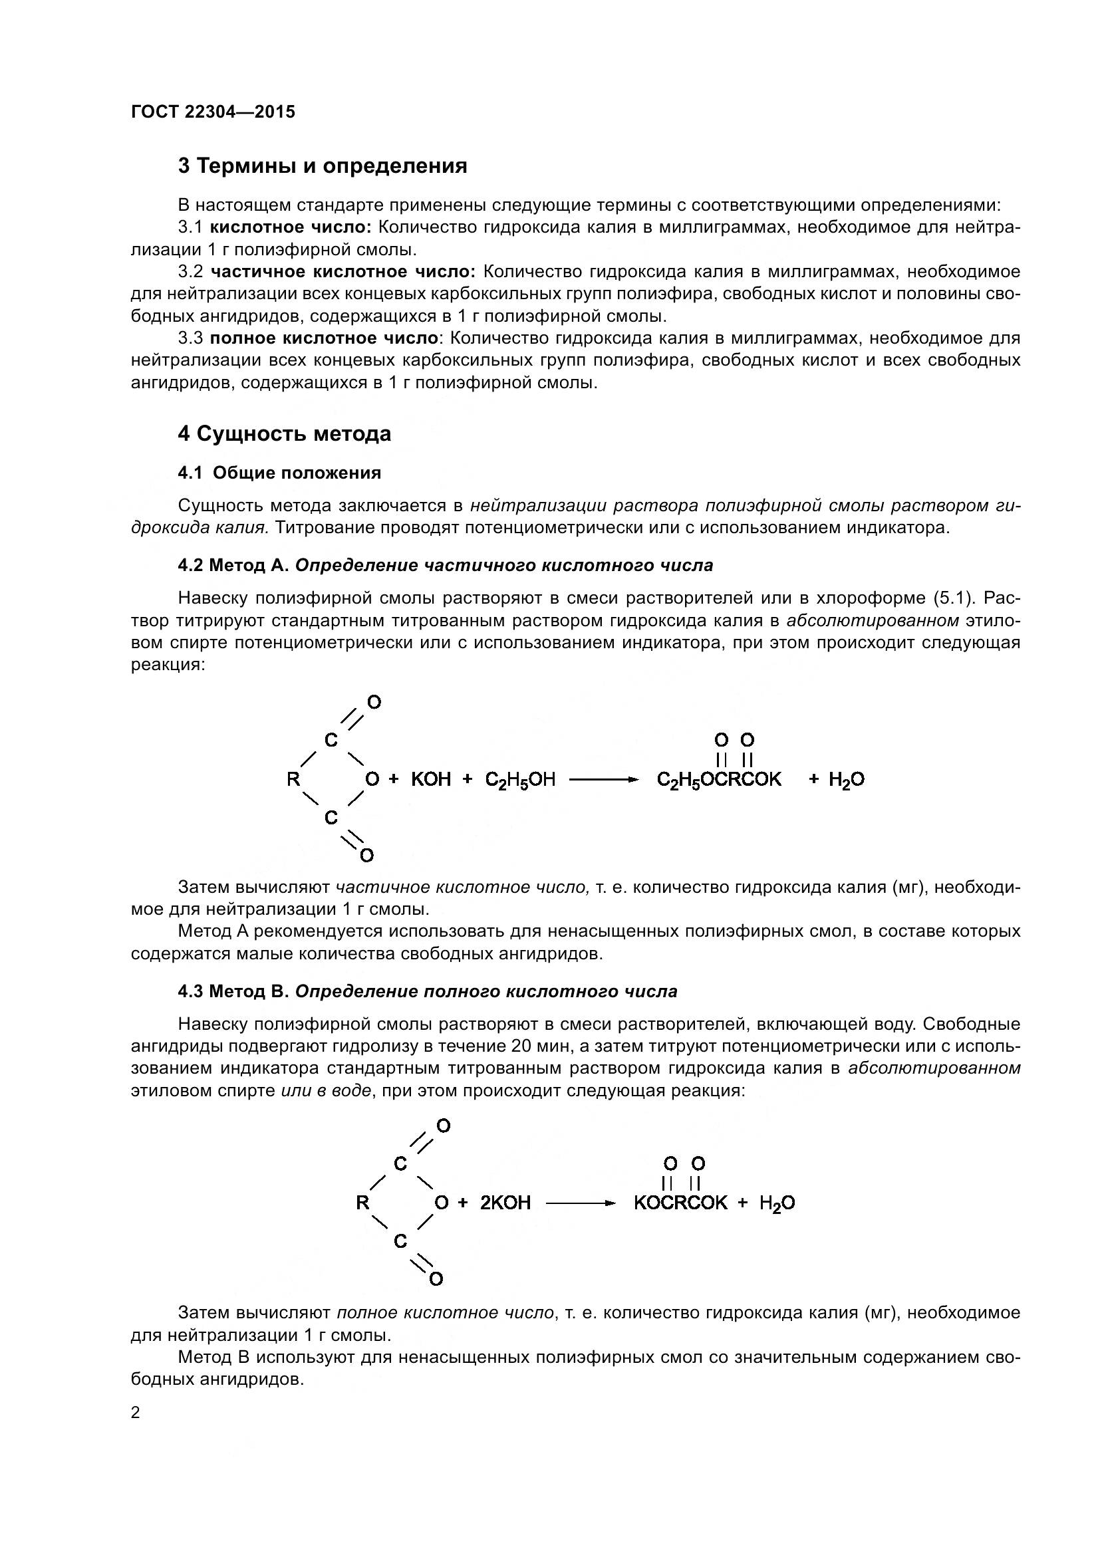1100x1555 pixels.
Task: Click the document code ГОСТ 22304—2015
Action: [x=213, y=112]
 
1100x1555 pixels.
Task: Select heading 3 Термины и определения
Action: [x=323, y=166]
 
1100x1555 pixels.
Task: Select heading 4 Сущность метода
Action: [x=285, y=433]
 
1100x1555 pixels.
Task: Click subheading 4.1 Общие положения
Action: [x=279, y=473]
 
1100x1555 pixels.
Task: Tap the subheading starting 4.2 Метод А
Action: [x=445, y=566]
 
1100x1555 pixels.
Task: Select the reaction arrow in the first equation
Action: [x=603, y=780]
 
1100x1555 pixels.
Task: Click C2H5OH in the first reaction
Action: [x=520, y=780]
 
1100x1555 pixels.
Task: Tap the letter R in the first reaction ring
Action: [x=293, y=780]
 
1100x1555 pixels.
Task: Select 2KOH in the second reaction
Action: [x=505, y=1203]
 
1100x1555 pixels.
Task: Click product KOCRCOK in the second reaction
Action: [x=680, y=1203]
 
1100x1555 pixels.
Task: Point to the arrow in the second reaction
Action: [x=581, y=1203]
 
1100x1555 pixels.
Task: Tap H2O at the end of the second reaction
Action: [x=777, y=1203]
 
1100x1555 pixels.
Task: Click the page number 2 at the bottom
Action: [x=136, y=1413]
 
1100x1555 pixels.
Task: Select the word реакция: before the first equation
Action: [x=168, y=665]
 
